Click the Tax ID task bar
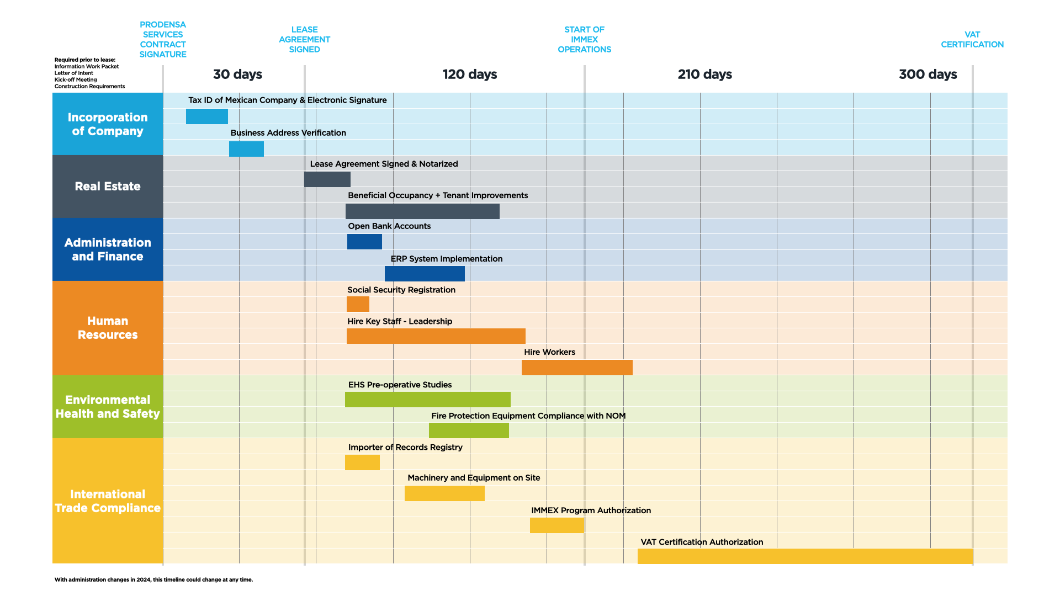206,116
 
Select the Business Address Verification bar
246,149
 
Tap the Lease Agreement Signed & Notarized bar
327,179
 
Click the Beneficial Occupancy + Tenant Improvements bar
422,211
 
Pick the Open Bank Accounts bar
364,242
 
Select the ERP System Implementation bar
425,274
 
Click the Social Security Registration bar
358,304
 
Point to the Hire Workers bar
577,368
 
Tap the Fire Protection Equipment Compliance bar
469,430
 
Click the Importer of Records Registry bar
362,462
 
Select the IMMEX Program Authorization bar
556,525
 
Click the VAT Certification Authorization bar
804,556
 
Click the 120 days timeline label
470,74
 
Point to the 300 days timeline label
928,74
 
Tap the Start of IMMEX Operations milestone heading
584,40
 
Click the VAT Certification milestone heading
972,40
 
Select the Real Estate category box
108,187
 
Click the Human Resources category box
108,328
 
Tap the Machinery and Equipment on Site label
474,478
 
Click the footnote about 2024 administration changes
153,579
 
